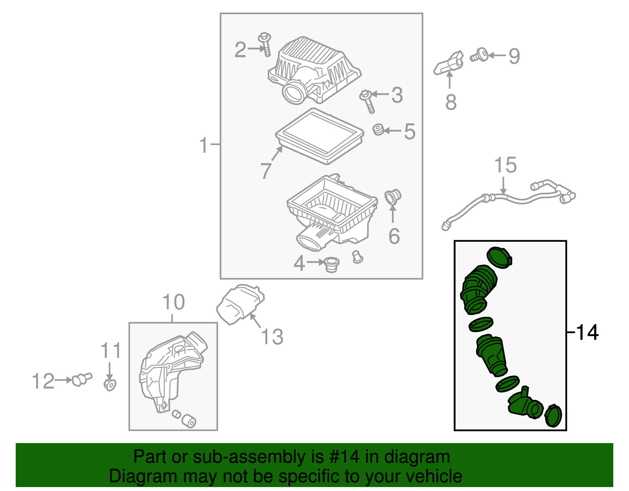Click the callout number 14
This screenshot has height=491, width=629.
point(587,333)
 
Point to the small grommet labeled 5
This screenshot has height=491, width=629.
point(379,129)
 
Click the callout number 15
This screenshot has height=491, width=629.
point(505,165)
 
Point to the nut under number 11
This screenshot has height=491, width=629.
point(110,384)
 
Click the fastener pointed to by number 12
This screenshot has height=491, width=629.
point(82,379)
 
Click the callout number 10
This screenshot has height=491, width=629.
point(173,302)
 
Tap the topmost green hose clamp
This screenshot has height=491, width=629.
point(499,257)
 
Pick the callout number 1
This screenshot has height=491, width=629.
point(204,145)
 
